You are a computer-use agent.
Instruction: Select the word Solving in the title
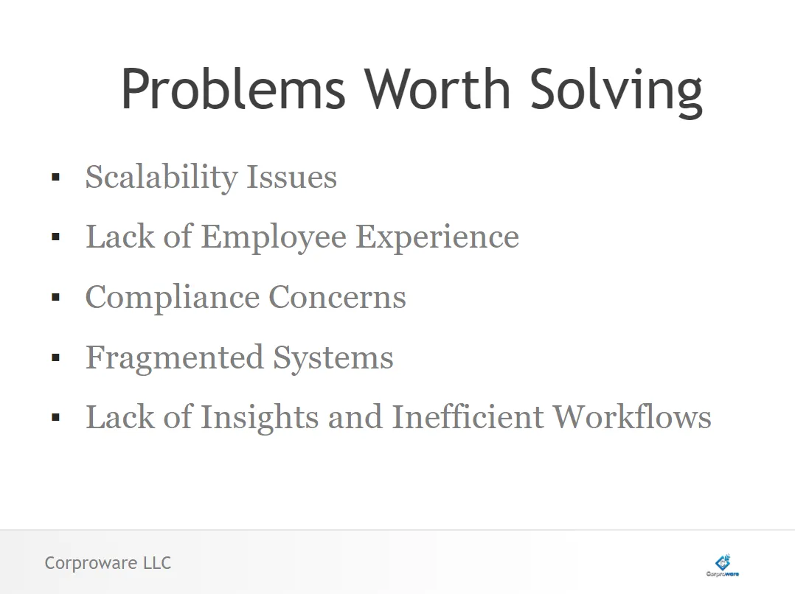point(616,92)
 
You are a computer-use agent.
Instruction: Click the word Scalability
point(162,178)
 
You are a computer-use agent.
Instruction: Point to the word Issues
point(291,177)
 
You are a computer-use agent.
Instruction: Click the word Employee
point(274,238)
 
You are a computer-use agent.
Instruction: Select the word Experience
point(437,238)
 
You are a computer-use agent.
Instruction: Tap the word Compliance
point(173,298)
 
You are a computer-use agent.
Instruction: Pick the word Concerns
point(337,297)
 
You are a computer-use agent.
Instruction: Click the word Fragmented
point(175,358)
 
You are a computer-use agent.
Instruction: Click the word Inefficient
point(468,416)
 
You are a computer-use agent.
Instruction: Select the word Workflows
point(632,416)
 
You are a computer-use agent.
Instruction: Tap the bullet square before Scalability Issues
point(56,177)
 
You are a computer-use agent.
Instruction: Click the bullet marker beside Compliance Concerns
point(56,297)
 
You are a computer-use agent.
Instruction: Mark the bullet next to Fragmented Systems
point(56,357)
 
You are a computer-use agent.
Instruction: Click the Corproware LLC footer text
point(108,563)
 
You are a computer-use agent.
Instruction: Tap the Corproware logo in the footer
point(723,565)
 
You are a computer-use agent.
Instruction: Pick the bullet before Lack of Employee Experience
point(56,237)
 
